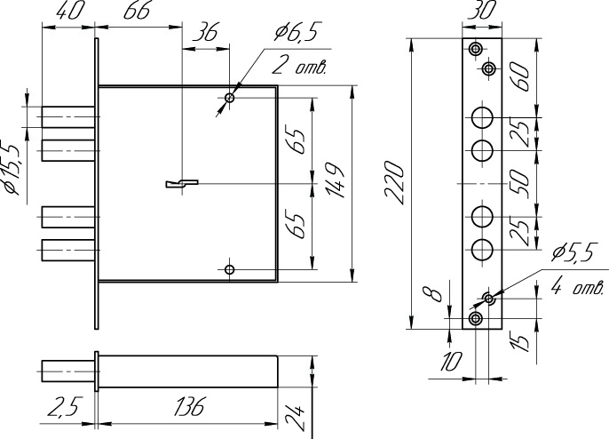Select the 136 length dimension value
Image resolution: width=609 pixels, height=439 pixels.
188,407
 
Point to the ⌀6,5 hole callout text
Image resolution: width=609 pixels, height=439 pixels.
296,32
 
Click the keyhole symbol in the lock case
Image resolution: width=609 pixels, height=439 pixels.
182,184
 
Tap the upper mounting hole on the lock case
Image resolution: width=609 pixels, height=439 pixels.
230,98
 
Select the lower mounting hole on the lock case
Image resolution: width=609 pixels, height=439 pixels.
230,269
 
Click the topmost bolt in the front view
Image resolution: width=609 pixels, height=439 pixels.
68,116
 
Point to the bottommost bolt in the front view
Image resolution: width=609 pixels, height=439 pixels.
68,250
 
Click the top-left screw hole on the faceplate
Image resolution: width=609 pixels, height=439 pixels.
475,49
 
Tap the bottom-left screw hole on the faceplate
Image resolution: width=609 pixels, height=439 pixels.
475,319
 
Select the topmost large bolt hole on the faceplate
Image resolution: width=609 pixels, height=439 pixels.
482,117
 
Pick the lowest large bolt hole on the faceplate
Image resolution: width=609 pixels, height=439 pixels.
482,250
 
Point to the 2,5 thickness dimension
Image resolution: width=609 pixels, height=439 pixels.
62,407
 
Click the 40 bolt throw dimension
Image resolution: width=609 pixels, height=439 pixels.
70,11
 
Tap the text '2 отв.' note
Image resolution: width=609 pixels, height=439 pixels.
298,67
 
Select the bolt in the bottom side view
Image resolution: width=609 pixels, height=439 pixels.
68,371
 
